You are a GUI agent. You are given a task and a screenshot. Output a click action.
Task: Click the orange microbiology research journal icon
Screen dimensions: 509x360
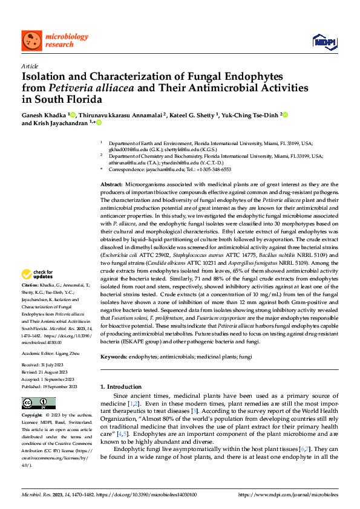click(31, 41)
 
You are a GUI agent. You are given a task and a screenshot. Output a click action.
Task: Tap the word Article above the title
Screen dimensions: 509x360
click(30, 66)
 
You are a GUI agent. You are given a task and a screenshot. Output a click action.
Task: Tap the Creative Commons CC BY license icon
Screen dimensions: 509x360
click(35, 403)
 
